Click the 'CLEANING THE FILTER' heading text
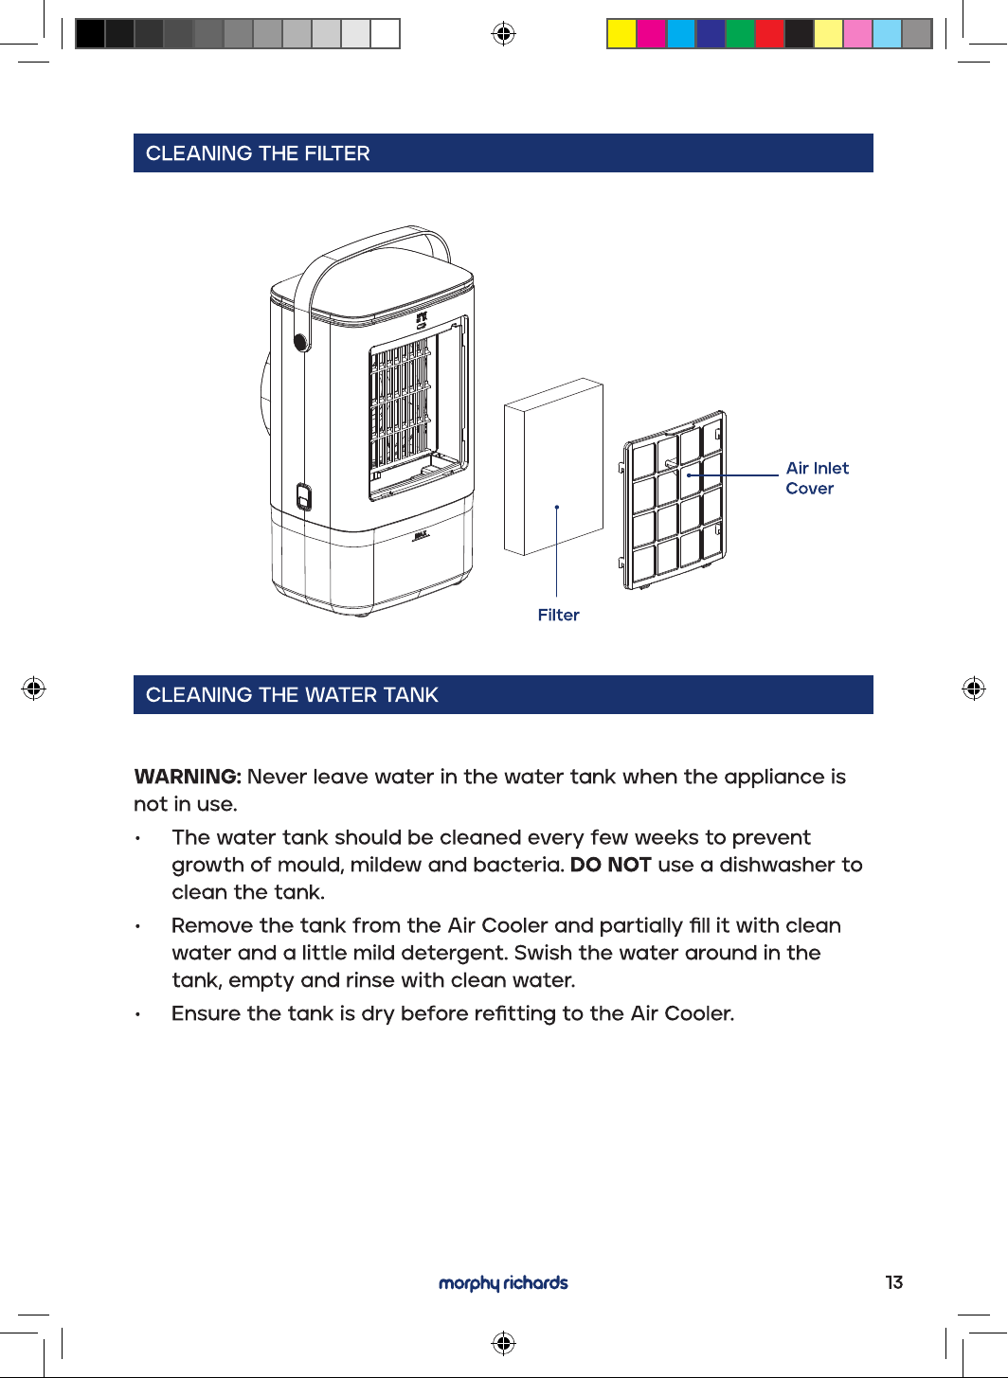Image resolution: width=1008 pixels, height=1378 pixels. [x=258, y=153]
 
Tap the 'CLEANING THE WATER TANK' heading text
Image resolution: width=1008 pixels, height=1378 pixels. [x=292, y=694]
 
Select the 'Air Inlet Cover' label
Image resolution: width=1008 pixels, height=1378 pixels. [x=817, y=478]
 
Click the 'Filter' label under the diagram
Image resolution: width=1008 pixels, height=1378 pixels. [x=558, y=616]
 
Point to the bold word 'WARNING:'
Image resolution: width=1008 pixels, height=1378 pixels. [x=188, y=777]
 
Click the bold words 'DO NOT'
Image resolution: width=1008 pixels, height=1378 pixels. [x=610, y=865]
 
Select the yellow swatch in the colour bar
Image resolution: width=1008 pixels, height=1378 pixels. [x=621, y=33]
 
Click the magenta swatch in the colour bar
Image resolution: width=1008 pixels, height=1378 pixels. [x=651, y=33]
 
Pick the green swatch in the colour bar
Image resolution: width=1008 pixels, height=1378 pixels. [x=740, y=33]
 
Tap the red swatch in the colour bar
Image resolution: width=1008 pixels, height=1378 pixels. [x=769, y=33]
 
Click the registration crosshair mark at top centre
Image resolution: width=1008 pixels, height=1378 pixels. [x=503, y=33]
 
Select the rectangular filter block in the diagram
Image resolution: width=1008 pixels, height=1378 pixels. [x=553, y=466]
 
